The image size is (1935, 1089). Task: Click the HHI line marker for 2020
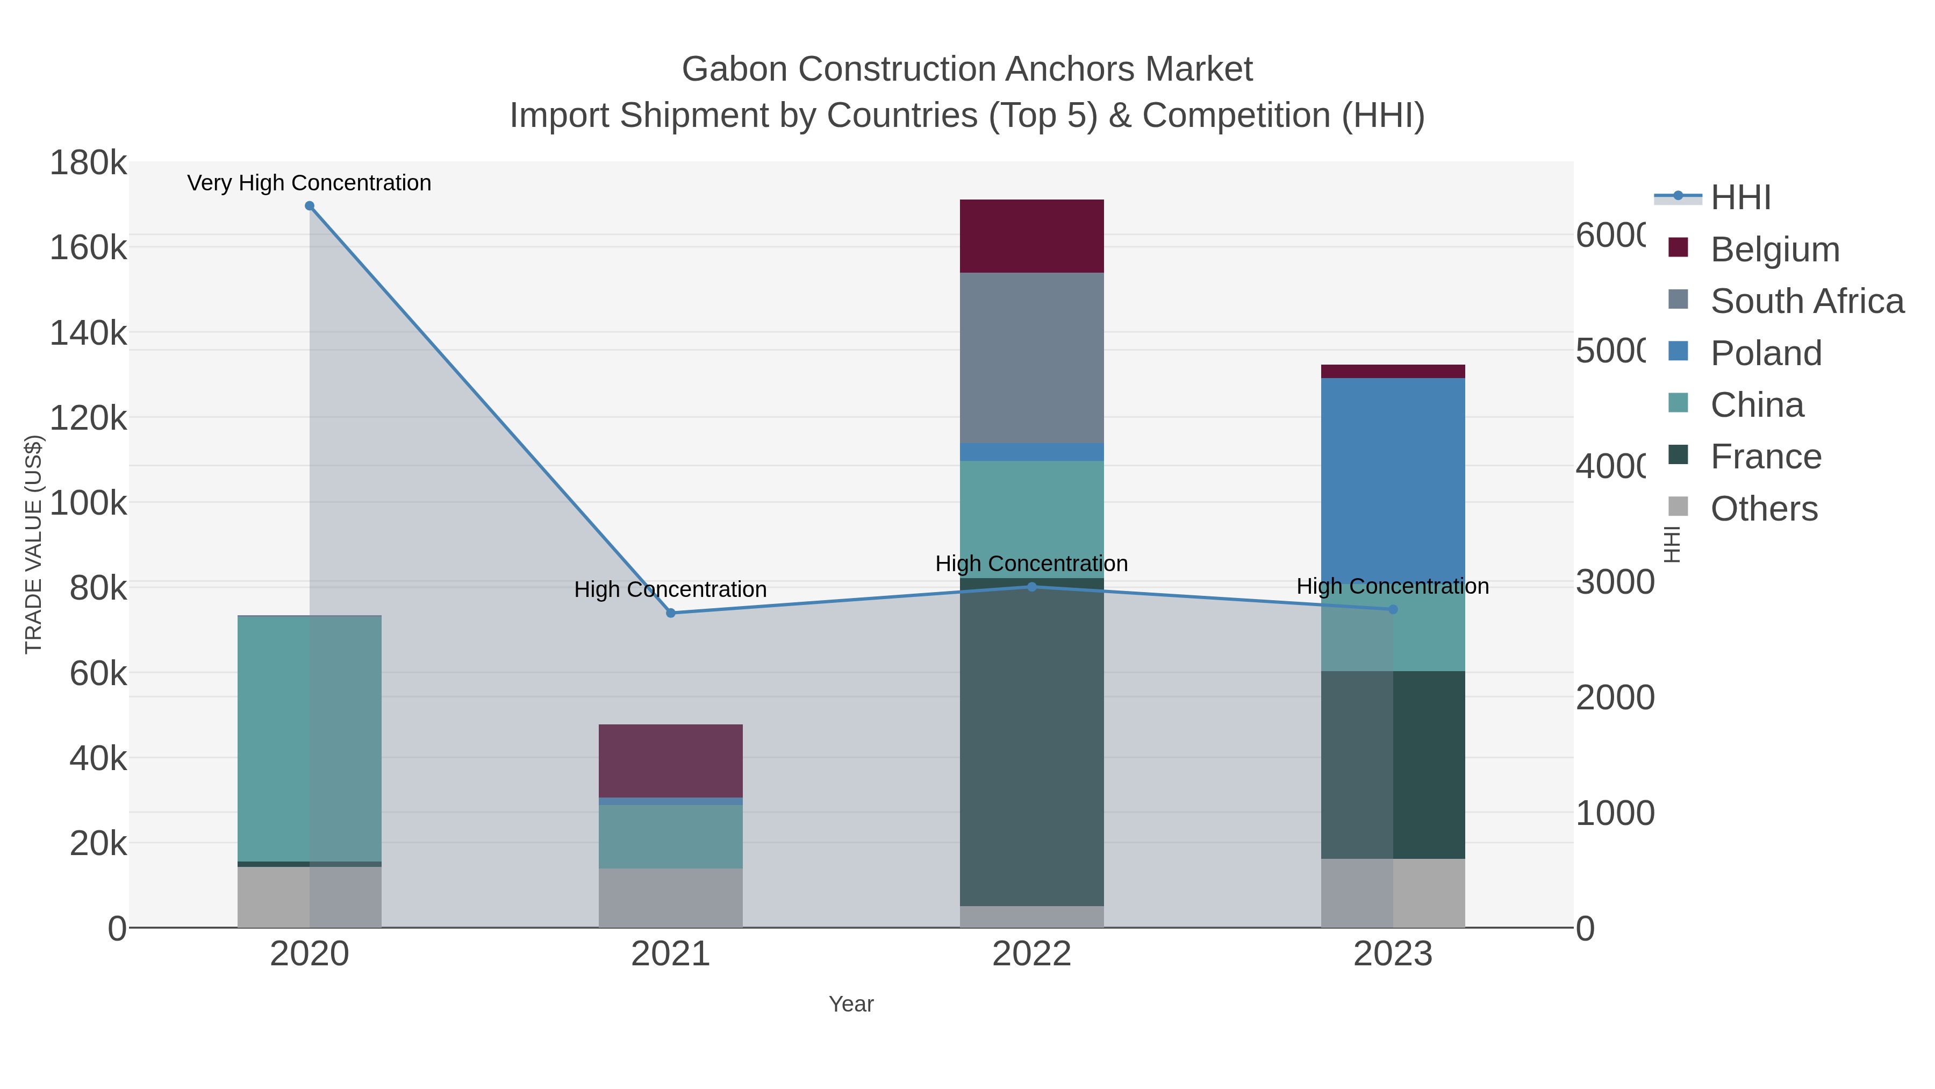pos(310,206)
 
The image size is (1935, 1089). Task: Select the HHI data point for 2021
pos(671,613)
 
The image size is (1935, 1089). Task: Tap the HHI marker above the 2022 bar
pos(1031,587)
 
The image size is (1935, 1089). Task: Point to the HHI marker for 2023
pos(1393,609)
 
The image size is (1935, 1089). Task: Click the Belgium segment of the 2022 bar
pos(1031,236)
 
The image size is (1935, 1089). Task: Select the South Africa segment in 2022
pos(1031,358)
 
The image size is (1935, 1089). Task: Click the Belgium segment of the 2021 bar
pos(671,760)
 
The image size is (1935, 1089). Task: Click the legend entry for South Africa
pos(1807,301)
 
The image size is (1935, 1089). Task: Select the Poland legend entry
pos(1765,353)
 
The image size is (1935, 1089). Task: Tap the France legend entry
pos(1765,457)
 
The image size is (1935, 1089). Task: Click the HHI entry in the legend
pos(1740,198)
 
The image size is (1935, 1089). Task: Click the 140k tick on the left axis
pos(88,333)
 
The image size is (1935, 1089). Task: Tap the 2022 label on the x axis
pos(1031,955)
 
